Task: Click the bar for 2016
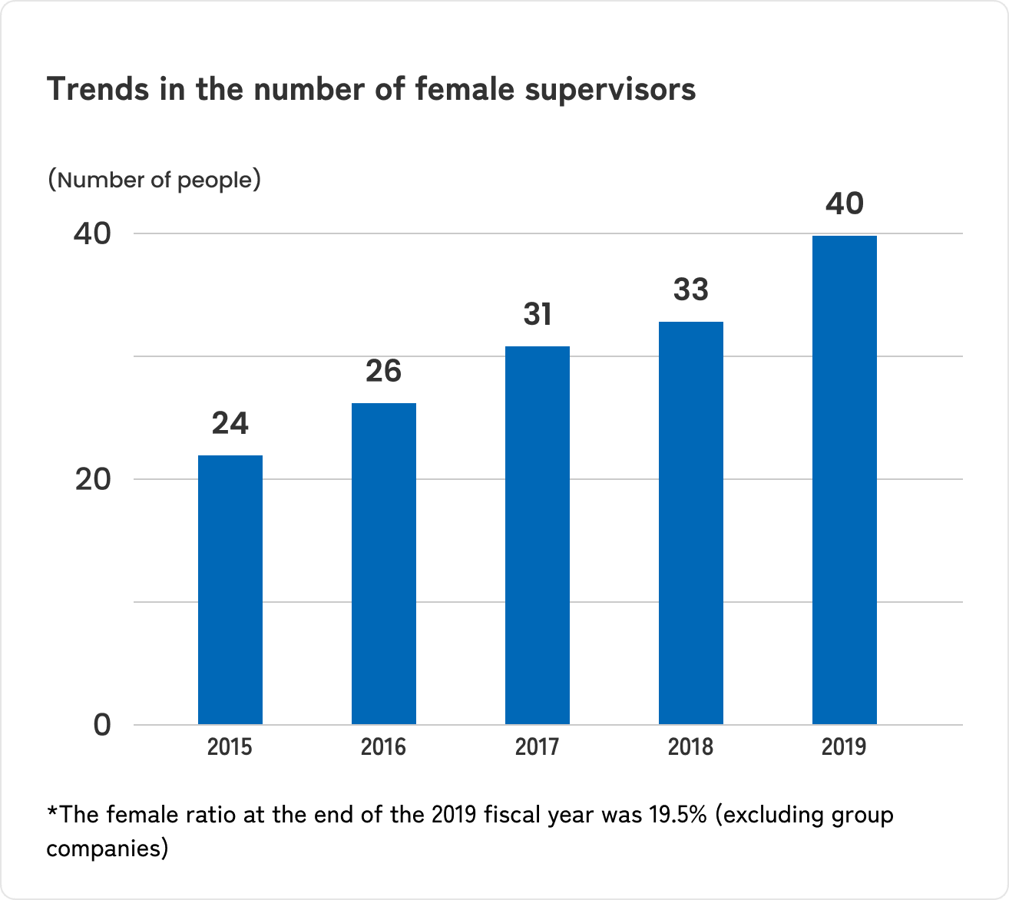tap(383, 564)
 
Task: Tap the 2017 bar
tap(537, 535)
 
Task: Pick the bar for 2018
tap(690, 523)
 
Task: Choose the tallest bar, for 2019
tap(844, 480)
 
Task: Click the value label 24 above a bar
tap(230, 424)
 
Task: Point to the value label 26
tap(383, 372)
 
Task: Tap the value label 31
tap(538, 315)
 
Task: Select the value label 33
tap(691, 290)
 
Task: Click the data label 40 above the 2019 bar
tap(845, 204)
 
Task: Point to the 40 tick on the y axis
tap(92, 234)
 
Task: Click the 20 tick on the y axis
tap(92, 480)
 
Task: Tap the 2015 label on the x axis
tap(230, 746)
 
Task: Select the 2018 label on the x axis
tap(690, 746)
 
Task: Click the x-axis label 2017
tap(537, 746)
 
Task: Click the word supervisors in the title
tap(610, 90)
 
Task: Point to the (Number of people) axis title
tap(154, 180)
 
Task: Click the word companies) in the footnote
tap(107, 849)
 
